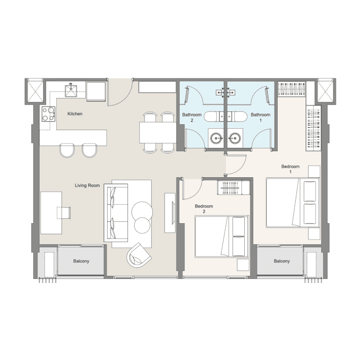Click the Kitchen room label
[x=75, y=114]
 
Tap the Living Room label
[x=87, y=185]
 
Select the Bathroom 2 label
[x=192, y=117]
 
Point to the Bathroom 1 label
[x=261, y=117]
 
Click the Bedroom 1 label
[x=290, y=169]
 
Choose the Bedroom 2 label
[x=204, y=208]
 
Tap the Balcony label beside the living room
[x=81, y=261]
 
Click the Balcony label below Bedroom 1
[x=282, y=261]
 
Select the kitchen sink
[x=71, y=90]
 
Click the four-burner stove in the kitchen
[x=49, y=114]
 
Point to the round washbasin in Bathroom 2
[x=216, y=138]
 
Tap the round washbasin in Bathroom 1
[x=234, y=138]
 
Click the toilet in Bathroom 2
[x=214, y=117]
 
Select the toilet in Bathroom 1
[x=237, y=117]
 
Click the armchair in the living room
[x=139, y=255]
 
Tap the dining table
[x=158, y=133]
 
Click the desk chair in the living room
[x=63, y=212]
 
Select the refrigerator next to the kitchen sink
[x=96, y=92]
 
